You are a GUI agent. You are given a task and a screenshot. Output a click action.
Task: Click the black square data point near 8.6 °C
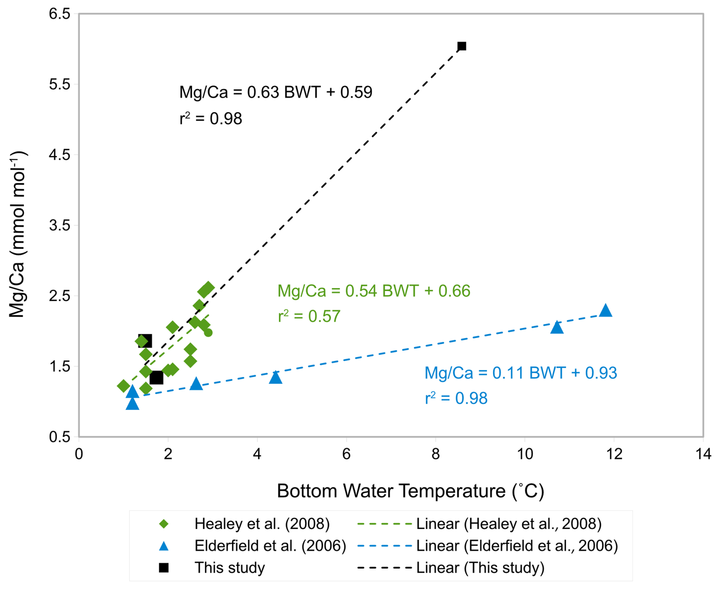click(462, 46)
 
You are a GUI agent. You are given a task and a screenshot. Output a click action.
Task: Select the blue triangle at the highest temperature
click(605, 310)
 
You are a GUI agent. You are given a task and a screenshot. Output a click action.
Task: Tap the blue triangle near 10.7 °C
click(557, 327)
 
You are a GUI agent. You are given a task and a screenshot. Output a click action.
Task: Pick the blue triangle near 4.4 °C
click(276, 377)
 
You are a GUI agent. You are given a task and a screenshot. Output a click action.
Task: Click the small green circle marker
click(208, 333)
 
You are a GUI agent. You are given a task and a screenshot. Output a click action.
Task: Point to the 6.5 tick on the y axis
click(60, 14)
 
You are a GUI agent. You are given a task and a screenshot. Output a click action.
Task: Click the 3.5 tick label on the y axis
click(60, 225)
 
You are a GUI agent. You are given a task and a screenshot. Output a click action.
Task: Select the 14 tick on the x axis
click(703, 454)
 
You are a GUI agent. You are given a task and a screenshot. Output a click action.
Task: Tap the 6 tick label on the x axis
click(346, 454)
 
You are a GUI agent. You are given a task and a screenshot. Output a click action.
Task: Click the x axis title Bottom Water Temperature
click(410, 491)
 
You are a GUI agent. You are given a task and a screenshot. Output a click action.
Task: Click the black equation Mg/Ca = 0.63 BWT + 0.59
click(276, 92)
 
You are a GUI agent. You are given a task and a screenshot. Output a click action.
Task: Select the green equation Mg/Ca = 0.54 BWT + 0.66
click(374, 291)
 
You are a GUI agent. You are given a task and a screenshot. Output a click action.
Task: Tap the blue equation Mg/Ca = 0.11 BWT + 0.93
click(520, 373)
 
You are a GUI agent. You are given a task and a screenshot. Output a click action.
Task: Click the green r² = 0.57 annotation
click(309, 316)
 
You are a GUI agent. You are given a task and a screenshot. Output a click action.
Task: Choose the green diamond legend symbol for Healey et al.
click(163, 524)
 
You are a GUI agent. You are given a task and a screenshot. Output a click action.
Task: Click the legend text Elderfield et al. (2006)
click(270, 546)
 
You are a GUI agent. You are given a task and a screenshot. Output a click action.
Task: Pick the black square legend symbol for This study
click(163, 568)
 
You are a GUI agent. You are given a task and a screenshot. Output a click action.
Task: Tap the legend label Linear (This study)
click(480, 568)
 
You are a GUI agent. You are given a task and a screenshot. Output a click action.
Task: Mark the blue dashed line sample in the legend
click(385, 546)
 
